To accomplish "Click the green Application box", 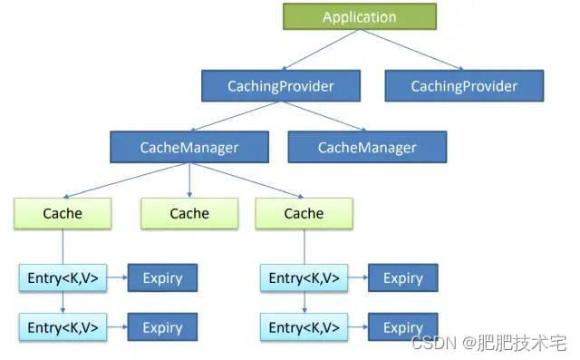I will coord(360,17).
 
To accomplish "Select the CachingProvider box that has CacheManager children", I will coord(280,87).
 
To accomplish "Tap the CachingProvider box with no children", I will coord(464,87).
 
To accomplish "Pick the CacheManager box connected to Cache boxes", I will coord(188,147).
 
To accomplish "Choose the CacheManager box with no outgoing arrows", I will coord(367,147).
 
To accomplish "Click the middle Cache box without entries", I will coord(189,214).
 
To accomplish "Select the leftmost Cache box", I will coord(63,214).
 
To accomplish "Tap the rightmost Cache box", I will coord(304,214).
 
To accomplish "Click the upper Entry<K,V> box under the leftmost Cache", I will coord(63,278).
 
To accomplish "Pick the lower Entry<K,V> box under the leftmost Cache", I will coord(63,327).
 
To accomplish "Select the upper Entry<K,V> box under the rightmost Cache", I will coord(304,278).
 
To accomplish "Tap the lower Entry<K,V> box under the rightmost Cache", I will coord(304,327).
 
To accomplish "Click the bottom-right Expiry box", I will coord(403,327).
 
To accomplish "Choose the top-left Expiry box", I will coord(162,278).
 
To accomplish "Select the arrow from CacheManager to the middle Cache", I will coord(189,180).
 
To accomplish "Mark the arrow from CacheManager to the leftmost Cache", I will coord(127,180).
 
